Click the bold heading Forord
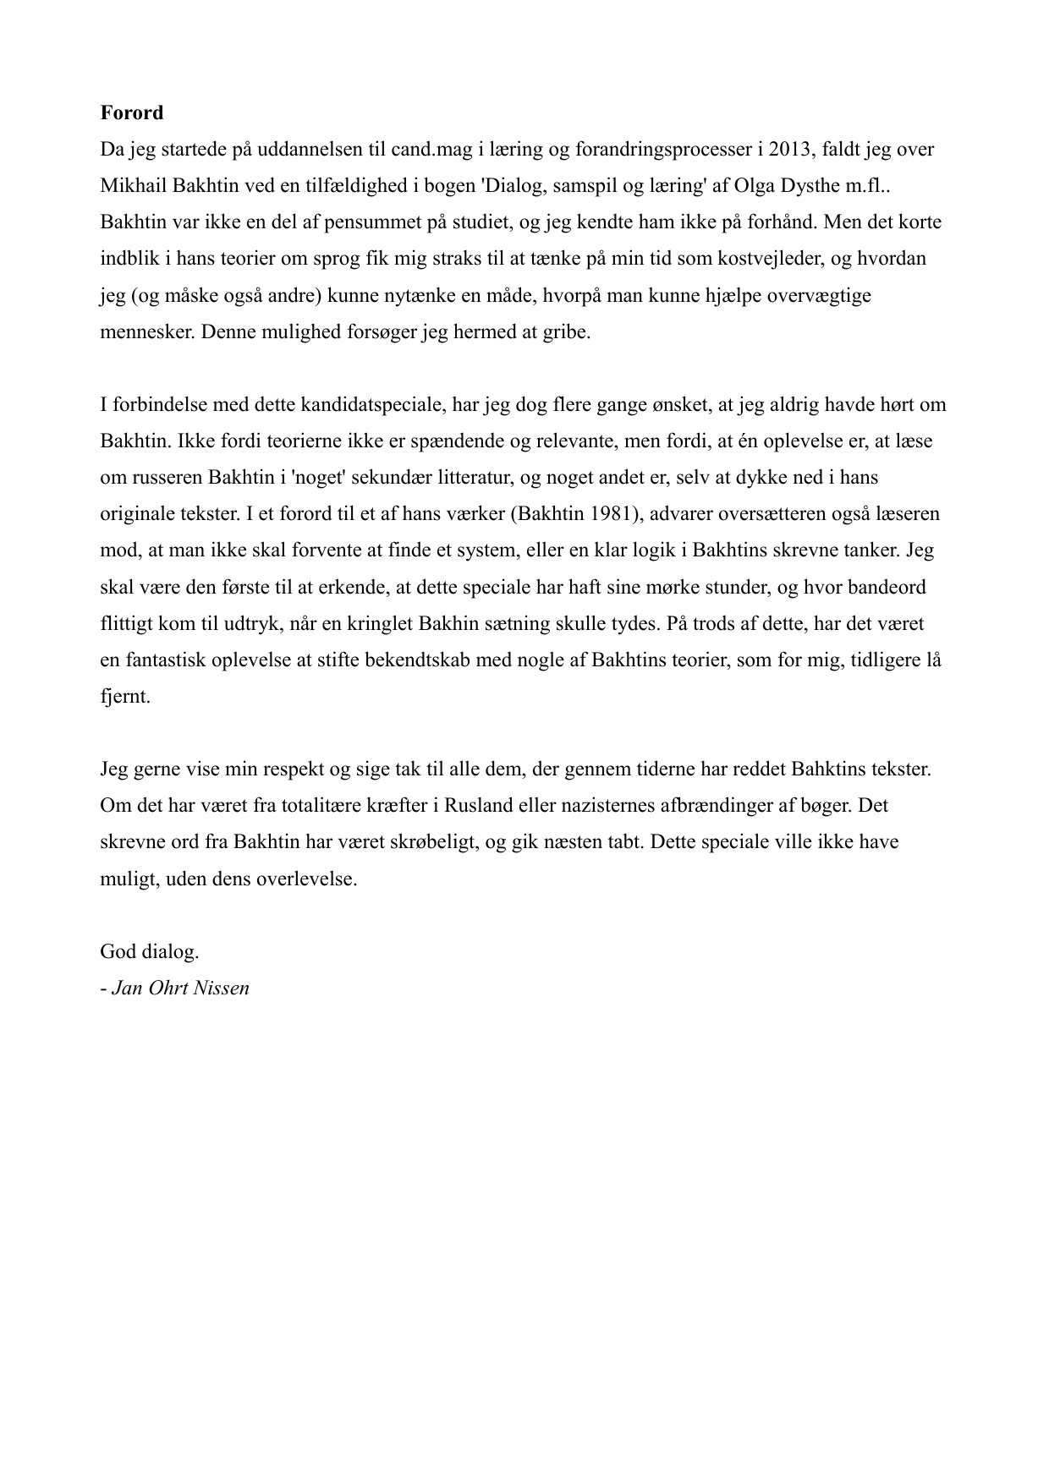(131, 112)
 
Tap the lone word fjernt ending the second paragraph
(124, 698)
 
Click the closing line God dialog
(150, 951)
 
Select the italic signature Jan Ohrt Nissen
(180, 988)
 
